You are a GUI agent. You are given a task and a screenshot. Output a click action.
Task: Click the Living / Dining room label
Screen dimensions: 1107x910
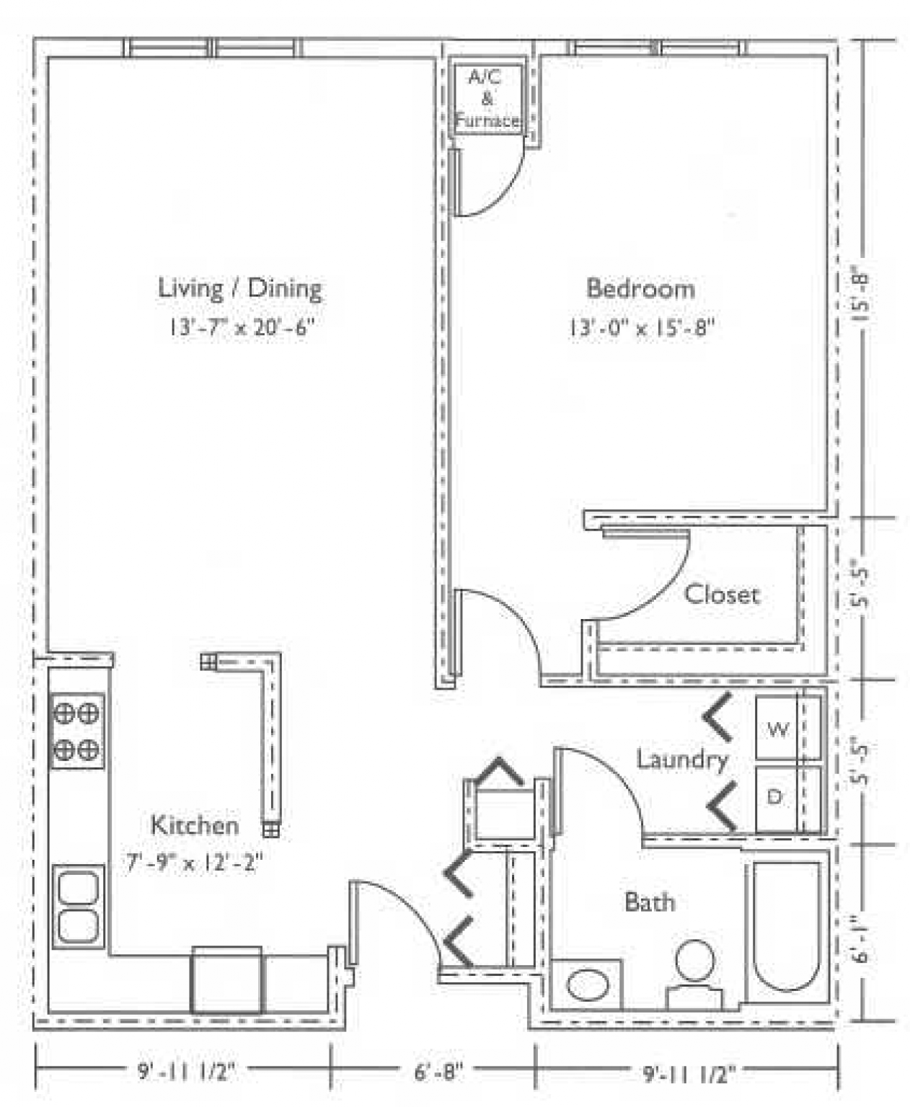239,288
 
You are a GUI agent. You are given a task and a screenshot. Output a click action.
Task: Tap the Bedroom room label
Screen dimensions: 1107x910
640,288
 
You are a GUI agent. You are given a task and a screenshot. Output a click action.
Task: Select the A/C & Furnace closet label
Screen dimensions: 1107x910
487,99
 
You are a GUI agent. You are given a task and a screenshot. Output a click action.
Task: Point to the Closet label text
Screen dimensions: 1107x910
721,595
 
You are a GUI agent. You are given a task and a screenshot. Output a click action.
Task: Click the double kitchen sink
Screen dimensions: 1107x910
79,907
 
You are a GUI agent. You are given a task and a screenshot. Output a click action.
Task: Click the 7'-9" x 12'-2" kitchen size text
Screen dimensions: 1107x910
194,862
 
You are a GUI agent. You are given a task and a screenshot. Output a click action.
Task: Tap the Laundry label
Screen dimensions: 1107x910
681,760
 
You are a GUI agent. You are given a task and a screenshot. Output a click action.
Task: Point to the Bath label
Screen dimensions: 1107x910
649,902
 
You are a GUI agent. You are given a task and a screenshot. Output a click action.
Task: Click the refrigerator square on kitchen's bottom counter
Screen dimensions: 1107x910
226,980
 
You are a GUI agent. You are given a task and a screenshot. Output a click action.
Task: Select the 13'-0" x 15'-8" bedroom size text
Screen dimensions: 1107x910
641,328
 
